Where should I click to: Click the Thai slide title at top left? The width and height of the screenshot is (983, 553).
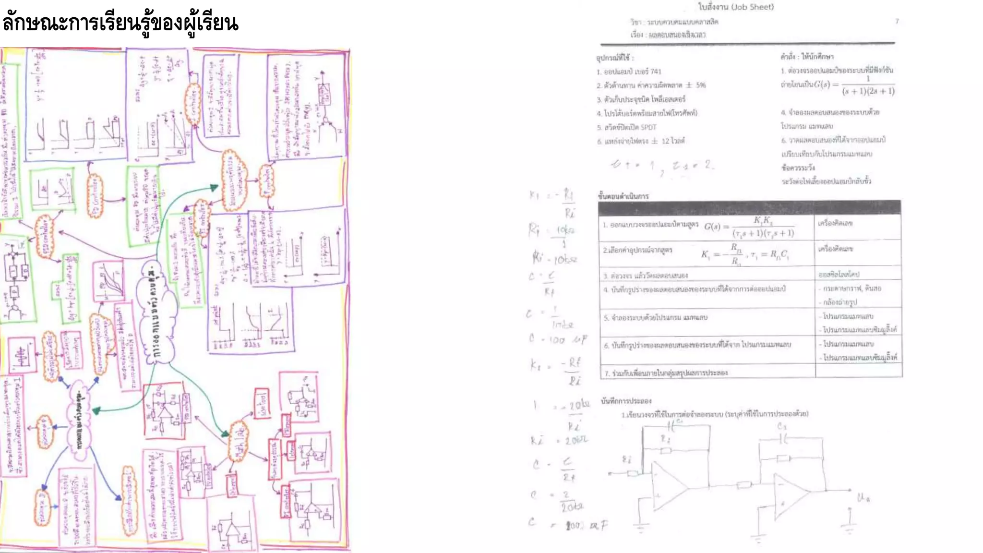[x=120, y=23]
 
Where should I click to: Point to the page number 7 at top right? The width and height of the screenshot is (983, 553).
[x=897, y=21]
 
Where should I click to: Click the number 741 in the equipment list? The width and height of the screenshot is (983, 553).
[x=656, y=72]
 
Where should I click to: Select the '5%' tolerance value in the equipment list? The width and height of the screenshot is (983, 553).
[x=701, y=85]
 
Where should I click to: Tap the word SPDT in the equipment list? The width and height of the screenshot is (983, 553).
[x=648, y=127]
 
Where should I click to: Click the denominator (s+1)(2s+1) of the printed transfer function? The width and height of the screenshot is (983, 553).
[x=868, y=91]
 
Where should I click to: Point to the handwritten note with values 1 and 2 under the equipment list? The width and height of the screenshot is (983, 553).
[x=662, y=166]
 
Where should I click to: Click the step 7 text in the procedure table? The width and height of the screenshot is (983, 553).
[x=667, y=373]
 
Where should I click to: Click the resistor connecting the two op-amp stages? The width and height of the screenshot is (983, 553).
[x=743, y=485]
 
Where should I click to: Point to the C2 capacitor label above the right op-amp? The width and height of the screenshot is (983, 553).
[x=782, y=426]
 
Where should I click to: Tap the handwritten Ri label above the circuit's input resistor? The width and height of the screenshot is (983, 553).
[x=626, y=459]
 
